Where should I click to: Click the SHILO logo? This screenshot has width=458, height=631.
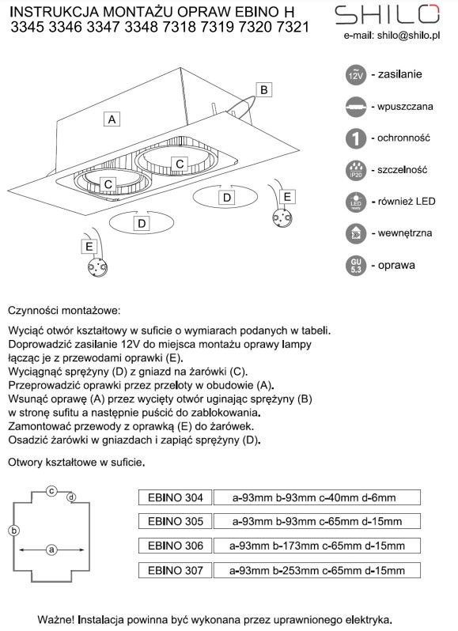[387, 14]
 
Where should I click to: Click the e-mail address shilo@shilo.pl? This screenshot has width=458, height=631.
[408, 36]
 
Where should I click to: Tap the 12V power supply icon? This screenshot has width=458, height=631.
[356, 75]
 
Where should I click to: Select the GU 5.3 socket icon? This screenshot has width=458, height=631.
[356, 266]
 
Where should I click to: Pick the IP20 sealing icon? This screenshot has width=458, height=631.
[356, 170]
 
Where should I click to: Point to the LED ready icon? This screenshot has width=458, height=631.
[356, 202]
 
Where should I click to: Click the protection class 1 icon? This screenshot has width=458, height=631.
[356, 138]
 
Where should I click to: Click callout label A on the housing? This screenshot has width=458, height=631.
[112, 119]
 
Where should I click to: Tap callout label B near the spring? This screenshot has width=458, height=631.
[264, 89]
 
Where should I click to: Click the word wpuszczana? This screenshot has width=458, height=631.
[405, 107]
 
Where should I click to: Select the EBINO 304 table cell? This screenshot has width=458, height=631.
[175, 497]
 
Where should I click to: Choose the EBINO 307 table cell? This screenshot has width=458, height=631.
[175, 570]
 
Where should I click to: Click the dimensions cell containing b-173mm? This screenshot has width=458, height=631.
[316, 546]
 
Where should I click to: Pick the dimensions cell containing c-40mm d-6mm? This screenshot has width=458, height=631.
[316, 497]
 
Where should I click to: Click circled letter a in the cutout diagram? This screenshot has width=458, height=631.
[51, 550]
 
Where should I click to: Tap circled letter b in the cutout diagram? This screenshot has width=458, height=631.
[13, 531]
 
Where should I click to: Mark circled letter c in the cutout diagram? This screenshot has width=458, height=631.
[51, 491]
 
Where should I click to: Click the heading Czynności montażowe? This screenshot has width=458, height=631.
[64, 311]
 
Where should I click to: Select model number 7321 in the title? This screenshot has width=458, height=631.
[292, 28]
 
